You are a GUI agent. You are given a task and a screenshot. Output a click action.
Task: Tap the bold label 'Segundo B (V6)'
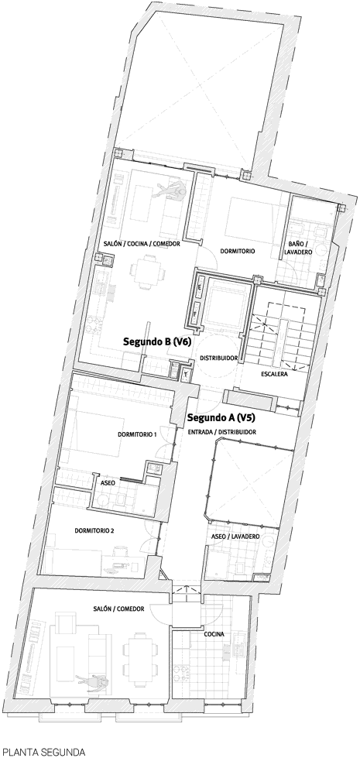[x=157, y=341]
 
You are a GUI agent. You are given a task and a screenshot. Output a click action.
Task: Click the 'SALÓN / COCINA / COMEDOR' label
[x=142, y=244]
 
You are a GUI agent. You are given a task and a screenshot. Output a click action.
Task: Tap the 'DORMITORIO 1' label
[x=137, y=434]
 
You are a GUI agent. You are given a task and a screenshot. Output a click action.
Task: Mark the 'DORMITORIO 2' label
[x=94, y=530]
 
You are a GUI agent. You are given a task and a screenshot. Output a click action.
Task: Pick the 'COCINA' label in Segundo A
[x=214, y=634]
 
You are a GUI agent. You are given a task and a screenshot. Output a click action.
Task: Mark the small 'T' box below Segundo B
[x=186, y=373]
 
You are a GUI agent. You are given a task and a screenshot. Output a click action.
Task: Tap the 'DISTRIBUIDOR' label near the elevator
[x=218, y=358]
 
